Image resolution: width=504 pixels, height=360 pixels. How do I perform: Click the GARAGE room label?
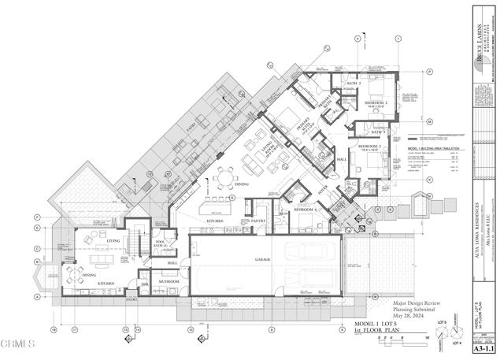[262, 259]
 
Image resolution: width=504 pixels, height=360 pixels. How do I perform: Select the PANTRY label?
[257, 222]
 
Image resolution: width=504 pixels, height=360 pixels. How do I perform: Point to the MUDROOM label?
[169, 281]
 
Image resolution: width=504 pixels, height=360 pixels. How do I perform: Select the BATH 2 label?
[354, 83]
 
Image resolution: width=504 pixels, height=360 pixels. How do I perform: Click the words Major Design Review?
[421, 302]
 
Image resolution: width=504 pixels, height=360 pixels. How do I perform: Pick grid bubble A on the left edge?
[37, 297]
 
